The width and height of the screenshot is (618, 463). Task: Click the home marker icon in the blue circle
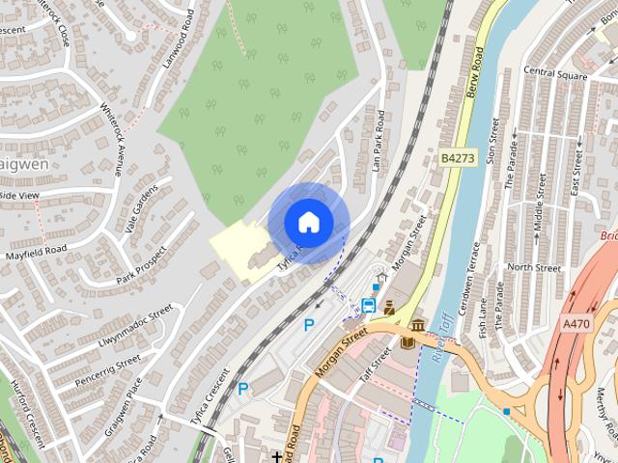click(x=308, y=222)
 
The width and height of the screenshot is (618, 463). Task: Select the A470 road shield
click(x=576, y=324)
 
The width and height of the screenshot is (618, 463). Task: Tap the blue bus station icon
click(x=368, y=306)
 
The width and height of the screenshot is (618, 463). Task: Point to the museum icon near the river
click(x=418, y=327)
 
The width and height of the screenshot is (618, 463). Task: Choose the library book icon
click(x=405, y=341)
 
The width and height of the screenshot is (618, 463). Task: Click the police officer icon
click(x=389, y=308)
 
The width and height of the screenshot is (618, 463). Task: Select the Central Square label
click(x=555, y=72)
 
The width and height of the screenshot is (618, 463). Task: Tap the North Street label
click(x=533, y=267)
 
